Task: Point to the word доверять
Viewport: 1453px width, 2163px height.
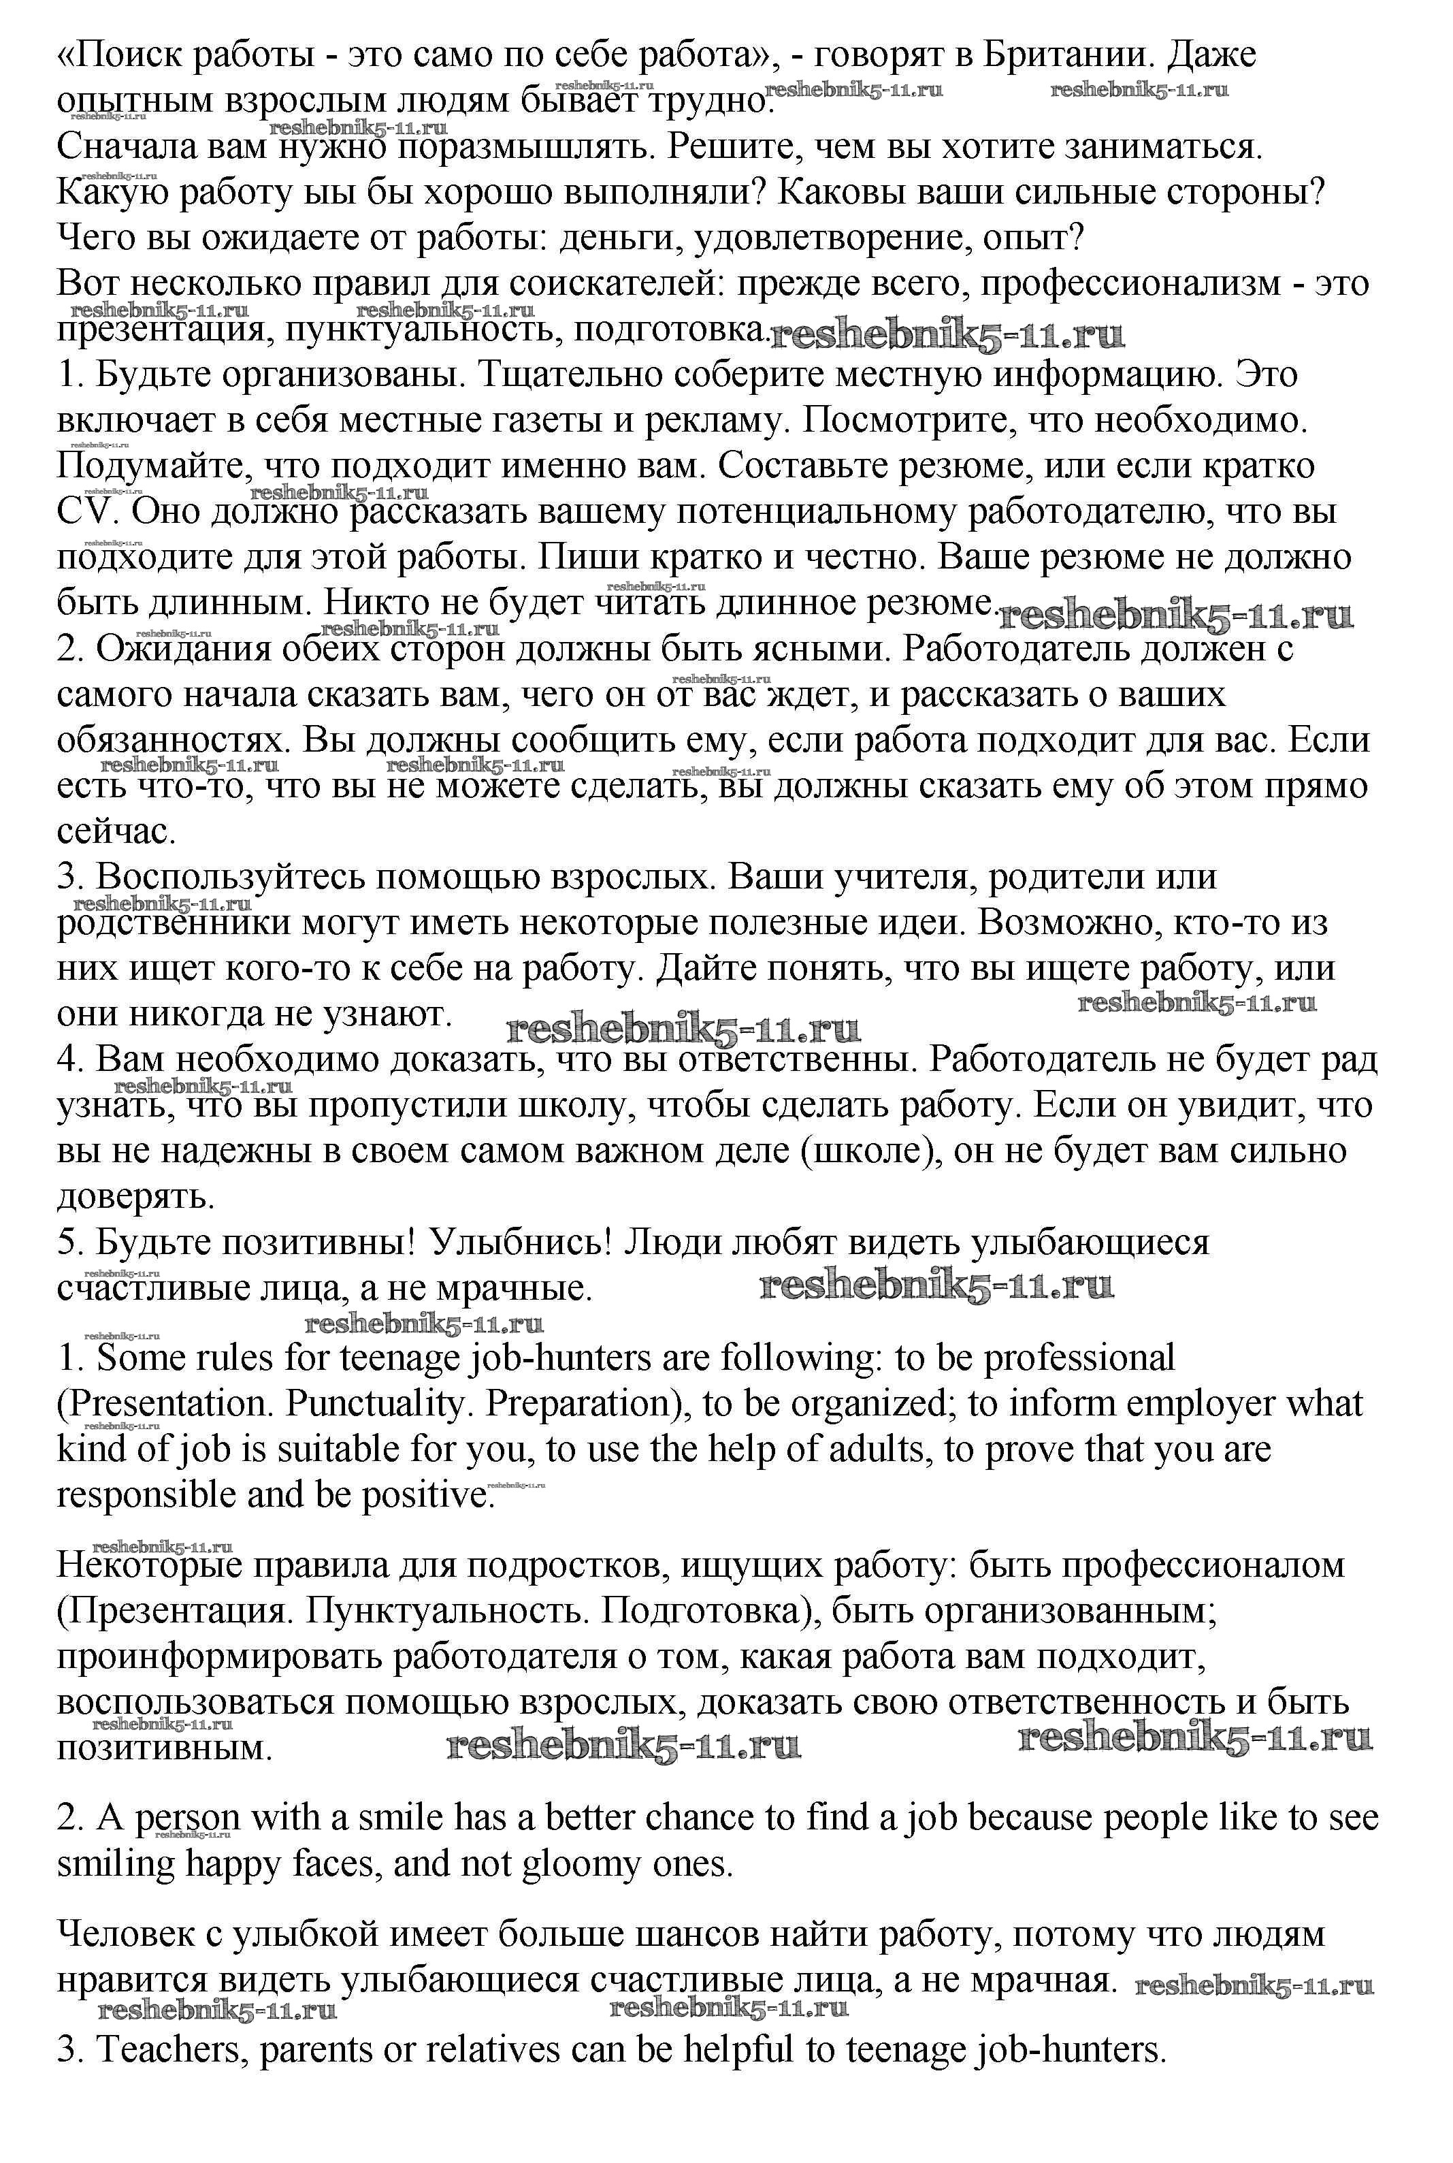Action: tap(135, 1196)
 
